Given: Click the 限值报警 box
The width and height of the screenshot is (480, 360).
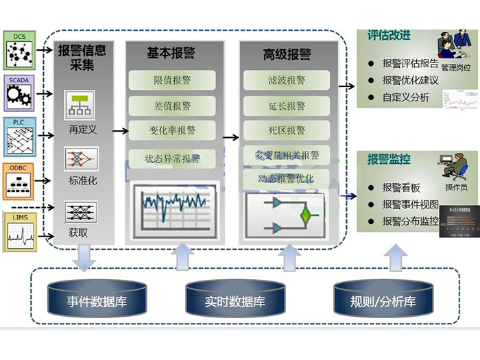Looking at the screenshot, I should (x=172, y=80).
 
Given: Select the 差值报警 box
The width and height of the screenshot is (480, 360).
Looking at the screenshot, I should (x=172, y=106).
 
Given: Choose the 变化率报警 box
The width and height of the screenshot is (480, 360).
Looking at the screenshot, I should (x=172, y=130).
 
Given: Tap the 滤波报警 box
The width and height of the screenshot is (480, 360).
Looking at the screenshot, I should (x=287, y=80).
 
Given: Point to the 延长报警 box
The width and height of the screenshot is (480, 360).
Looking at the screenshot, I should (x=287, y=106).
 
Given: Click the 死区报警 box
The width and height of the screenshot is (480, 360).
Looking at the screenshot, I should (x=287, y=130).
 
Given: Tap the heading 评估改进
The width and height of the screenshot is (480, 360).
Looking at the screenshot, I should (x=389, y=36).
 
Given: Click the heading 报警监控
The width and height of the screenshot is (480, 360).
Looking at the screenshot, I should (x=389, y=159).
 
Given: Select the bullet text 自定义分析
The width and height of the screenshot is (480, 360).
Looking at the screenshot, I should (x=406, y=97).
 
